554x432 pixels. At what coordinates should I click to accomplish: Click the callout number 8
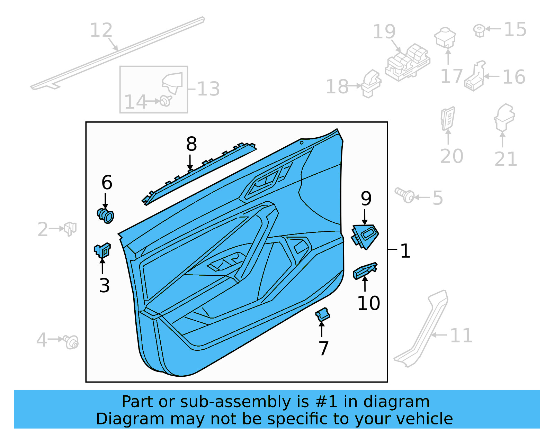[x=191, y=144]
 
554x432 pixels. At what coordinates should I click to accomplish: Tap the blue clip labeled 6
[x=106, y=216]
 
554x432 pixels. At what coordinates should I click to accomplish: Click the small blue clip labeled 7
[x=322, y=314]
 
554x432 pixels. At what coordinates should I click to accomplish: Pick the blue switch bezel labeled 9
[x=365, y=236]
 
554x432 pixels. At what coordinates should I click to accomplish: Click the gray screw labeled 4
[x=72, y=342]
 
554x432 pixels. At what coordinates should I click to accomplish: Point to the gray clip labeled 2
[x=70, y=228]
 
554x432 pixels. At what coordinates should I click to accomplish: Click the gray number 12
[x=101, y=30]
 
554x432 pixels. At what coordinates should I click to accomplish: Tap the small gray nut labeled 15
[x=479, y=30]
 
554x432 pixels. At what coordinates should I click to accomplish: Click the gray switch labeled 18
[x=371, y=84]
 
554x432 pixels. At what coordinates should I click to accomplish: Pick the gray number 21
[x=506, y=159]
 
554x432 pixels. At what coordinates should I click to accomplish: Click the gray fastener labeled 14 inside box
[x=166, y=101]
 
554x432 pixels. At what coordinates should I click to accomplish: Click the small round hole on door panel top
[x=302, y=143]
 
